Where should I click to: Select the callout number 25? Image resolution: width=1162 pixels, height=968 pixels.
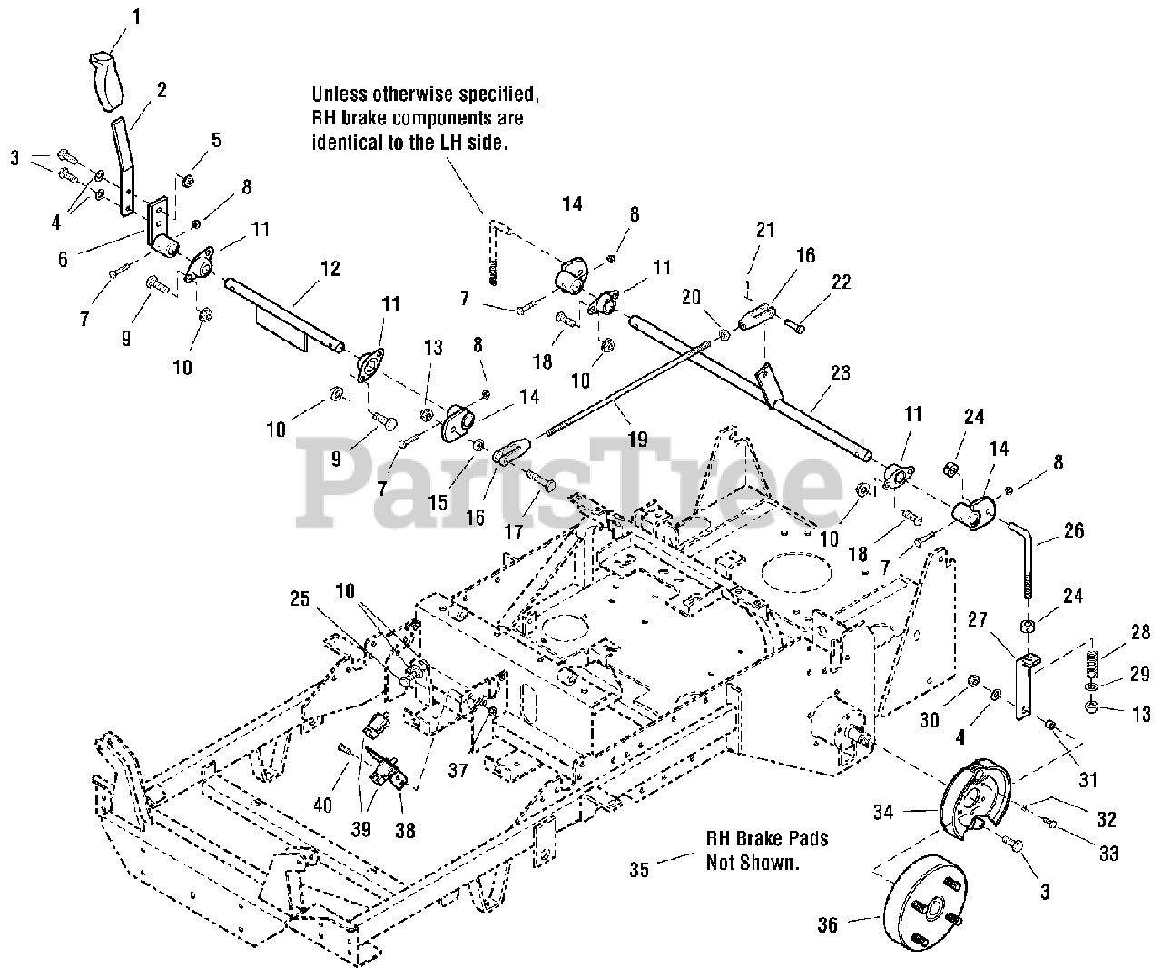click(301, 599)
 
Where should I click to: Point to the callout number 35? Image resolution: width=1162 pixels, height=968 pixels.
click(640, 869)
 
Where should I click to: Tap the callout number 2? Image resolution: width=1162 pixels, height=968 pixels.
click(161, 89)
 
